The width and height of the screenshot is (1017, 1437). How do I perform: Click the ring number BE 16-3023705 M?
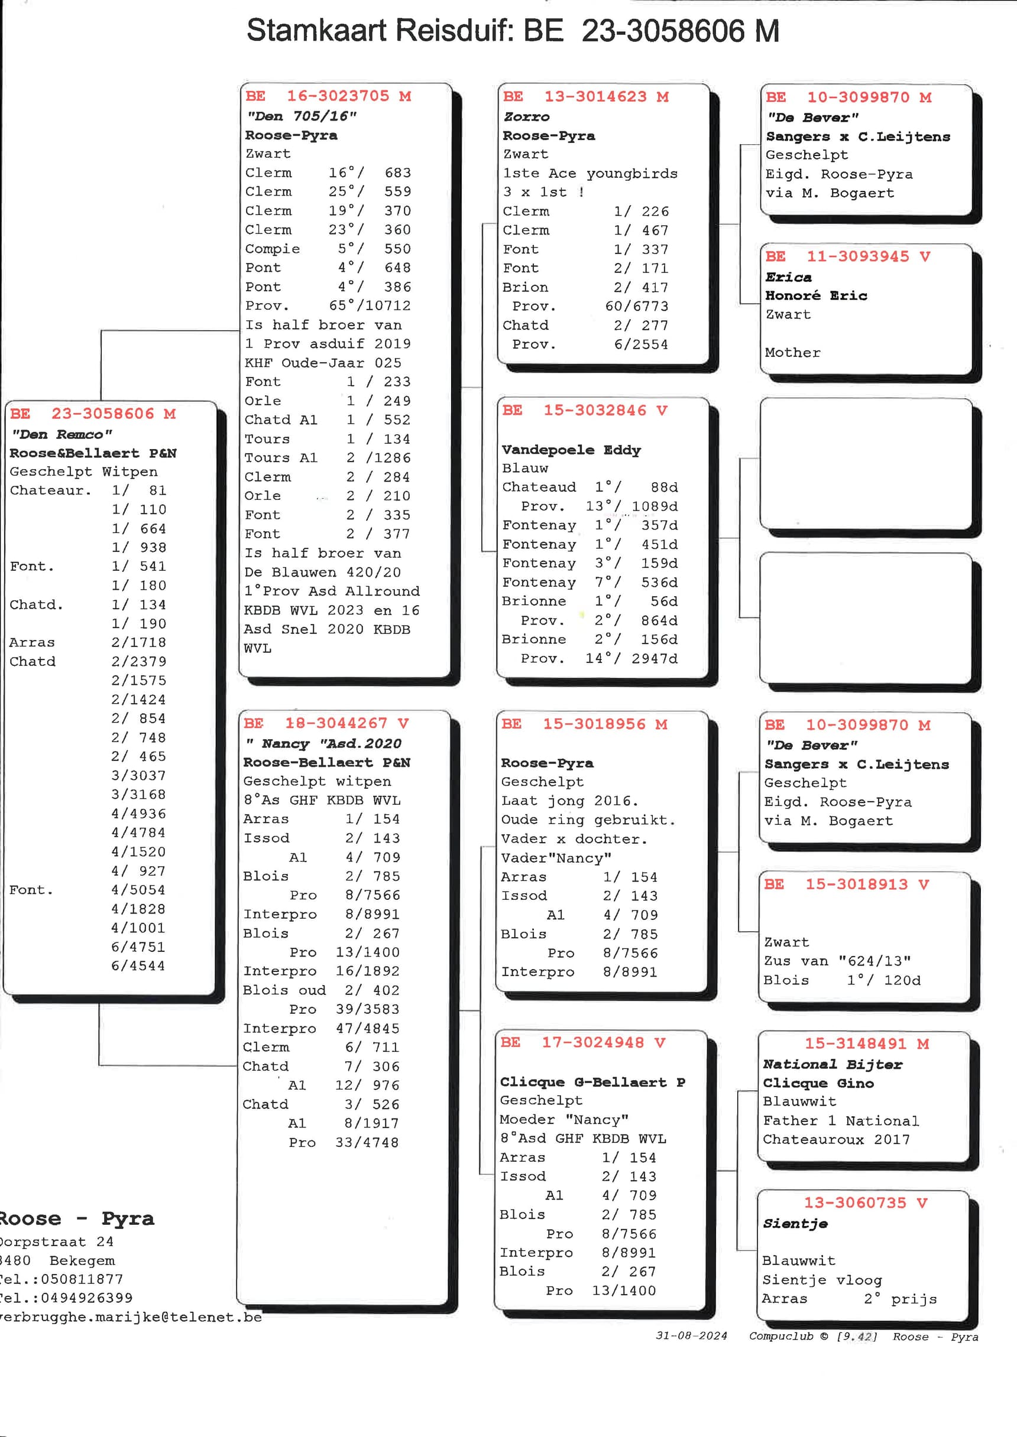(328, 96)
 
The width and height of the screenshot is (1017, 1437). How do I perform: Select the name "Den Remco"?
(61, 434)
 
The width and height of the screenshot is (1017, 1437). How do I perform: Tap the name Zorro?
(526, 116)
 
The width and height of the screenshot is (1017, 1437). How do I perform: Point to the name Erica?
(788, 277)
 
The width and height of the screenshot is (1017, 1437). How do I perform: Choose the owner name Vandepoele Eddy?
(571, 450)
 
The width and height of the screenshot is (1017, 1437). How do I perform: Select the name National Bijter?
(832, 1064)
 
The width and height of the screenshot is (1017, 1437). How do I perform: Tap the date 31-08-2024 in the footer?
(691, 1335)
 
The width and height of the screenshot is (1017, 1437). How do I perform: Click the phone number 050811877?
(82, 1279)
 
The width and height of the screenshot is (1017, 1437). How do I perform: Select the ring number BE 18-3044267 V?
(326, 723)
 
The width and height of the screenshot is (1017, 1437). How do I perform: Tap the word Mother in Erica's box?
(792, 352)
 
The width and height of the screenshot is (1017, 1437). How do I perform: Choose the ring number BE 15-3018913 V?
(846, 884)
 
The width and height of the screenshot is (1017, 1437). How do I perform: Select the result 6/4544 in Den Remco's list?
(138, 965)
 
